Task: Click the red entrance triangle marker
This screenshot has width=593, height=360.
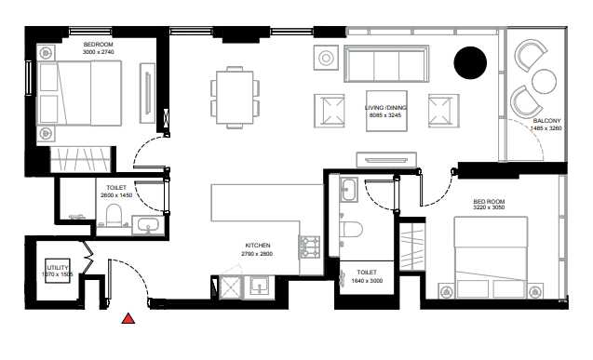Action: pos(128,318)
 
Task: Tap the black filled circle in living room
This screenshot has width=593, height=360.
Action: pos(470,62)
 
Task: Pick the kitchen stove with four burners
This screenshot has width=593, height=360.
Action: pos(309,248)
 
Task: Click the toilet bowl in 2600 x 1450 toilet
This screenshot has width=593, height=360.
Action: pos(115,218)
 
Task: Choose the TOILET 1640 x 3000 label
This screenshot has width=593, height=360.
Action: pos(367,276)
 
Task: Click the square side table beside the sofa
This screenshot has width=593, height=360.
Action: pos(327,59)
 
